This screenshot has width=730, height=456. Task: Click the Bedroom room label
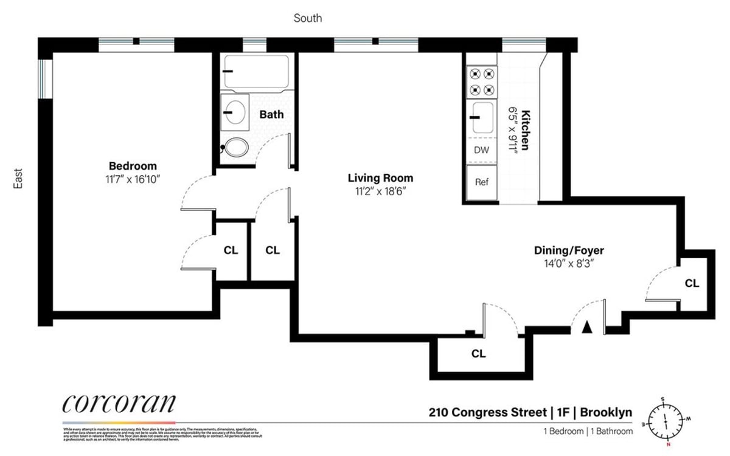point(133,166)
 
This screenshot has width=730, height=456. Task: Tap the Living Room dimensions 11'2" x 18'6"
point(380,191)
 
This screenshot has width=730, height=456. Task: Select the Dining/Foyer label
point(569,250)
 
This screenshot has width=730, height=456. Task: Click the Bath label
point(271,114)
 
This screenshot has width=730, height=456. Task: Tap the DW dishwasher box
point(481,150)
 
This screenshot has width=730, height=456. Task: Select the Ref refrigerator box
point(481,182)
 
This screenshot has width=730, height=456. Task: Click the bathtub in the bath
point(255,71)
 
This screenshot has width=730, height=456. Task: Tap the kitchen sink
point(482,117)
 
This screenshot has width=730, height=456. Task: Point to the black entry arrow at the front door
point(586,327)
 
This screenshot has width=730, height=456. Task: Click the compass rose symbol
point(666,420)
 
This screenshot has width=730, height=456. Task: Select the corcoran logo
point(119,404)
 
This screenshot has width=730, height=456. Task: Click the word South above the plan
point(308,18)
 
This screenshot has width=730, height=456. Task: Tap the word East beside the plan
point(18,180)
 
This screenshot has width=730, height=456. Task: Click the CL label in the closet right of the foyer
point(692,283)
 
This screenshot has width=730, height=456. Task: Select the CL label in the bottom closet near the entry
point(479,353)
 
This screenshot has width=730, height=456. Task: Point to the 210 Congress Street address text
point(486,413)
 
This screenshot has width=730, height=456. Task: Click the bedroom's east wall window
point(44,78)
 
